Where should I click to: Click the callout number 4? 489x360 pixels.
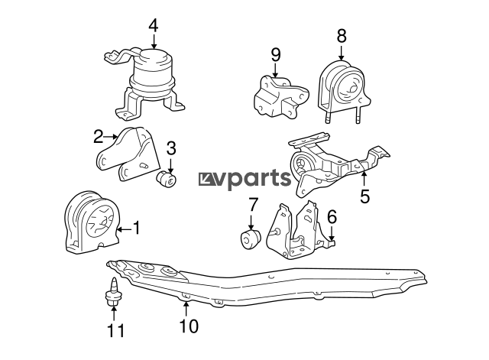[x=154, y=26]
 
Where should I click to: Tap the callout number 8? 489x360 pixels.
[x=342, y=36]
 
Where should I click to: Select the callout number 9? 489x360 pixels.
[x=276, y=55]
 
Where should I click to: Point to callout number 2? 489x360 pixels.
[x=99, y=137]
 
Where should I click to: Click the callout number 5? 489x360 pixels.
[x=364, y=196]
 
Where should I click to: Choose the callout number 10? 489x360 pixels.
[x=189, y=326]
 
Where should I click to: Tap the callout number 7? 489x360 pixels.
[x=253, y=205]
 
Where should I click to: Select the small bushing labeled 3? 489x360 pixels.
[x=167, y=180]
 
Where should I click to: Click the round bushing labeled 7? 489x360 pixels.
[x=251, y=239]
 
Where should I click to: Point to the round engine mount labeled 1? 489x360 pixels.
[x=92, y=222]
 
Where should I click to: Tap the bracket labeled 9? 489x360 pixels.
[x=280, y=96]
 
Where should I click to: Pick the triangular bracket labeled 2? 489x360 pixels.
[x=128, y=154]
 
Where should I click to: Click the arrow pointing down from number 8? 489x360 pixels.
[x=342, y=53]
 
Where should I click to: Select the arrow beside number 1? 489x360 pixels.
[x=125, y=230]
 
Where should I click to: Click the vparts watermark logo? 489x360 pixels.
[x=244, y=179]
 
